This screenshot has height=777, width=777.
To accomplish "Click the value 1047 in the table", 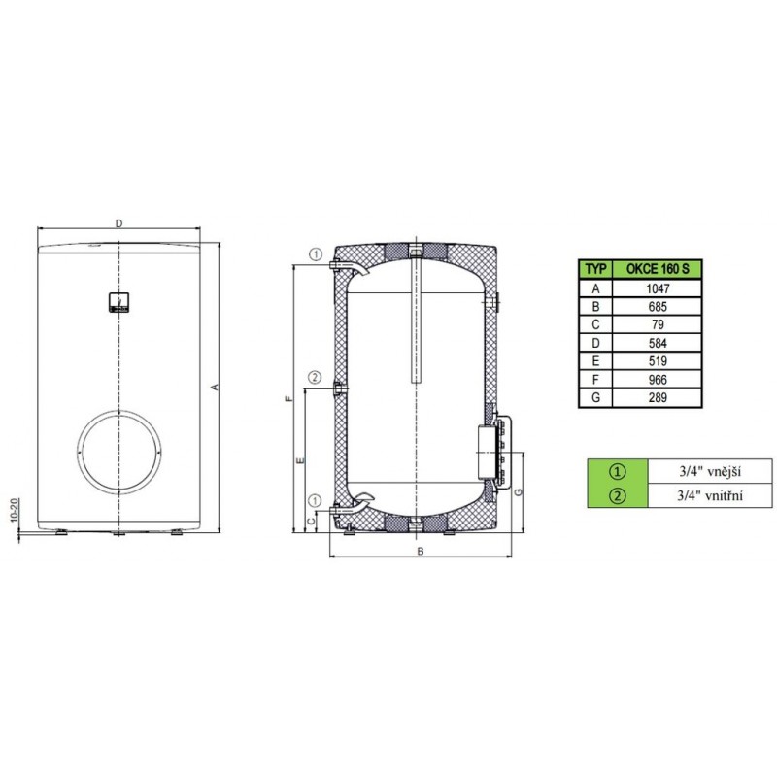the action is [658, 288].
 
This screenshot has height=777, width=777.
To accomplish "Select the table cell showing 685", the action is [658, 307].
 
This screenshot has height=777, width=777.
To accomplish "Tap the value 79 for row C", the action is [658, 324].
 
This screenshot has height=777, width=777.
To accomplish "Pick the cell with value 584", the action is [658, 343].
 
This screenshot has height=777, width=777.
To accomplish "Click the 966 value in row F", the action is [658, 380].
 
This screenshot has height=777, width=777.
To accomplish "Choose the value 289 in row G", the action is [658, 397].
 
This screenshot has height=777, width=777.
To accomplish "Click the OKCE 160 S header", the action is [658, 269].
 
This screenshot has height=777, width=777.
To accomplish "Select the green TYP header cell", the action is [595, 269].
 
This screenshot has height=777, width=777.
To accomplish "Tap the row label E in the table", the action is [595, 361].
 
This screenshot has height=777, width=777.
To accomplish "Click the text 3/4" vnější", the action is [710, 471].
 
